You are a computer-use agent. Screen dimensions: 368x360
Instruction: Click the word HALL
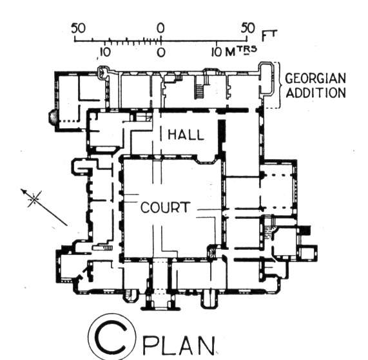186,135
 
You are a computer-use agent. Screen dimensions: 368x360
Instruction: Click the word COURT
165,207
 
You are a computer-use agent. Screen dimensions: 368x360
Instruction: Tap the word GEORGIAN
315,79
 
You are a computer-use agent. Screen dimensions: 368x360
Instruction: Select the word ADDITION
316,93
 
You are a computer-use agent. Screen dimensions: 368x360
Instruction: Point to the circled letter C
112,337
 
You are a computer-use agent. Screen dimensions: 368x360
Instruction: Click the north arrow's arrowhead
24,191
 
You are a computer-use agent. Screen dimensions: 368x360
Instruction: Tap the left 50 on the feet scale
79,28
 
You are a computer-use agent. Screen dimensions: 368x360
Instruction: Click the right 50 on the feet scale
248,28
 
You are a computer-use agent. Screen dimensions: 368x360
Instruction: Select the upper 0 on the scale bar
160,28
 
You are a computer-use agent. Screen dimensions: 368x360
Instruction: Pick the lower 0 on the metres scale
160,53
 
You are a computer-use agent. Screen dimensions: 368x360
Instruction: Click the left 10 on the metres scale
104,52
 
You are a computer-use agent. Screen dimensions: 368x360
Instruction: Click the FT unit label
269,35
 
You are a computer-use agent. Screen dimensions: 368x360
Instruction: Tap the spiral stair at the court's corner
212,252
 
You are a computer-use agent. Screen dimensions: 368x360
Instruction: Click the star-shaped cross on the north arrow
35,199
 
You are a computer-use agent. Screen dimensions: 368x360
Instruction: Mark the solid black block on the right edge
305,230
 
